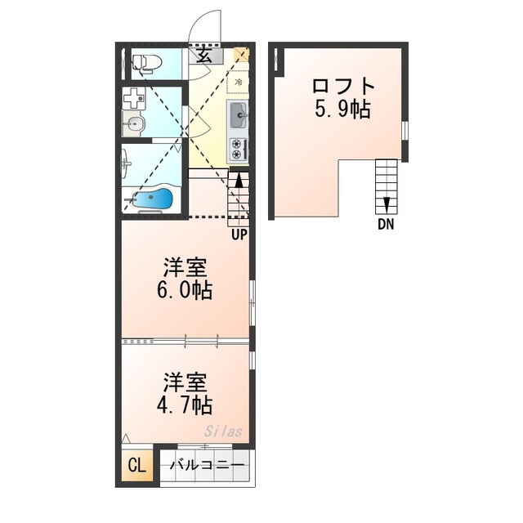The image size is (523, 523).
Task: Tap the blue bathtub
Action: pyautogui.click(x=153, y=199)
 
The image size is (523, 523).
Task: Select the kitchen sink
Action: pyautogui.click(x=238, y=115)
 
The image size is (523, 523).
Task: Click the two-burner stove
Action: pyautogui.click(x=238, y=149)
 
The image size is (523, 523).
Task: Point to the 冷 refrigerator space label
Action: pyautogui.click(x=239, y=82)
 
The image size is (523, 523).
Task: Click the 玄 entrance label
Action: pyautogui.click(x=204, y=55)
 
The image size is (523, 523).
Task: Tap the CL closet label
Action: pyautogui.click(x=137, y=465)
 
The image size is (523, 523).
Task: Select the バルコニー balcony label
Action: pyautogui.click(x=207, y=465)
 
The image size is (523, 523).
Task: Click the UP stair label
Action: pyautogui.click(x=239, y=235)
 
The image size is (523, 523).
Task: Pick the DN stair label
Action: pyautogui.click(x=386, y=224)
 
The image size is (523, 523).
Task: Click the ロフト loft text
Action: pyautogui.click(x=343, y=86)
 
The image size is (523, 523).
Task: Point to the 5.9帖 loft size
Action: pyautogui.click(x=342, y=109)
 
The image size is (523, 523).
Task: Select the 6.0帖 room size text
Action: pyautogui.click(x=185, y=290)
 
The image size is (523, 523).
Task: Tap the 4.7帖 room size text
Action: pyautogui.click(x=185, y=405)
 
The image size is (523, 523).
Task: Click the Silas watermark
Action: pyautogui.click(x=223, y=431)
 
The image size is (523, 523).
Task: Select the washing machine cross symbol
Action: pyautogui.click(x=134, y=98)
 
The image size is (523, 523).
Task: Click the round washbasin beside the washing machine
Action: pyautogui.click(x=133, y=125)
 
